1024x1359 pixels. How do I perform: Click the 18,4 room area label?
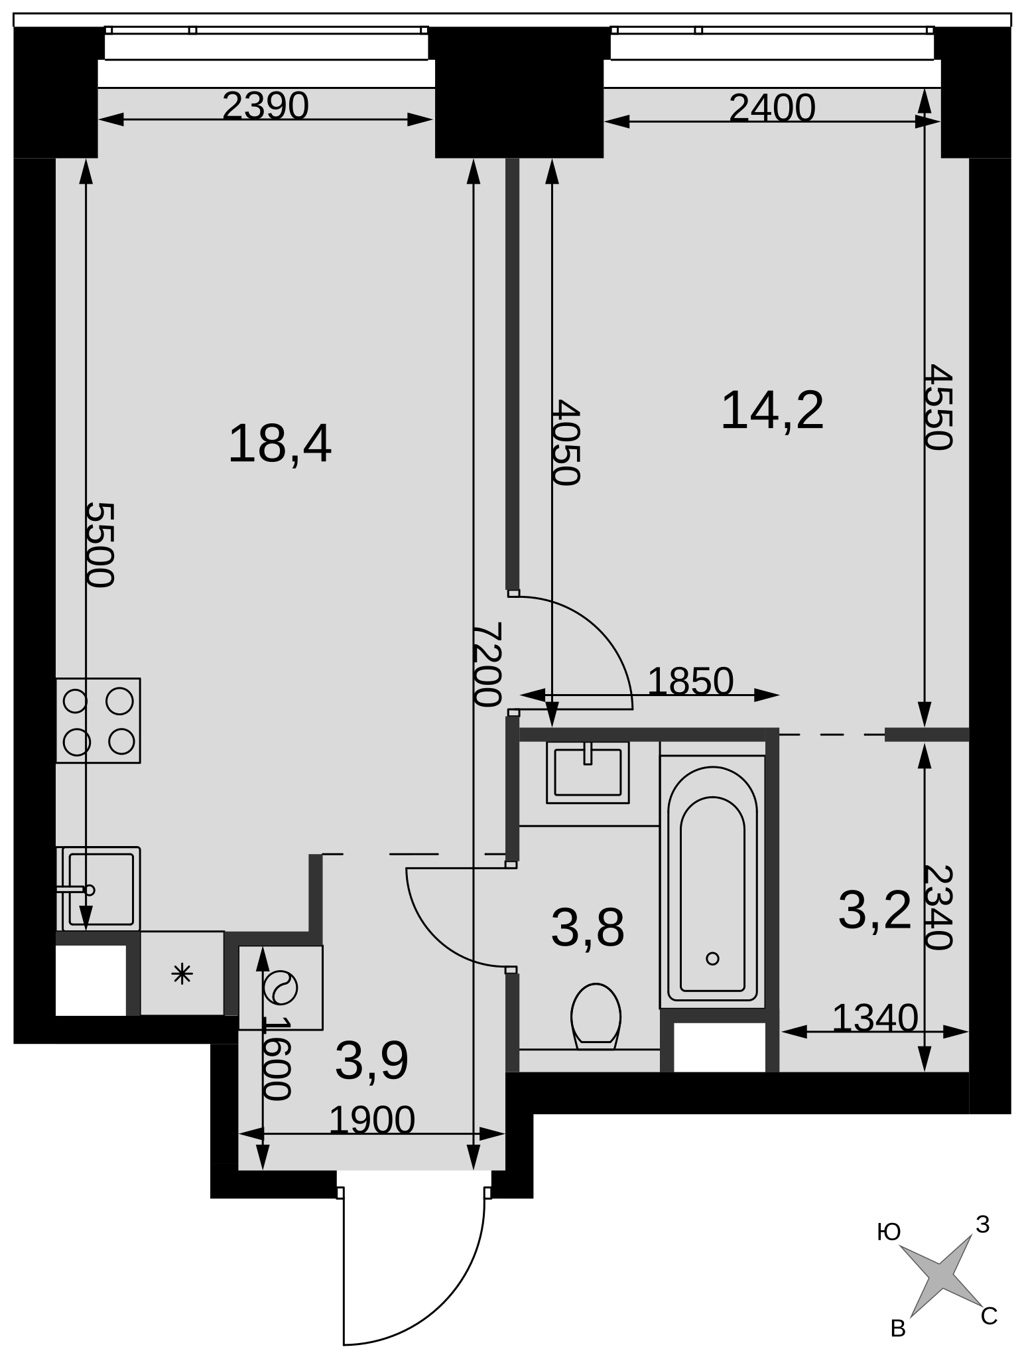(279, 445)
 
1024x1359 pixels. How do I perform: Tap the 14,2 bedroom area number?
(772, 411)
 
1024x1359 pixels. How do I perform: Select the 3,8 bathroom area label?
(588, 928)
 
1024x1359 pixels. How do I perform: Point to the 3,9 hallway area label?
(371, 1061)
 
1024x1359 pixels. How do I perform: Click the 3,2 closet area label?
(875, 910)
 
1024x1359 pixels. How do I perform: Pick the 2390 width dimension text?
(265, 106)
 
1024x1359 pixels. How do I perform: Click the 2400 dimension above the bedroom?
(772, 107)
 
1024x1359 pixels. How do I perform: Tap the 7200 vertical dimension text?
(489, 664)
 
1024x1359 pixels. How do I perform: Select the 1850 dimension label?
(690, 681)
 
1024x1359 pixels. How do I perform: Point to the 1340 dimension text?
(875, 1017)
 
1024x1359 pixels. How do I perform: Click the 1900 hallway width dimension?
(372, 1120)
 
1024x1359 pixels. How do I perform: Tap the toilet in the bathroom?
(596, 1016)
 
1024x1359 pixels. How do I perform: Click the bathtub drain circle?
(713, 958)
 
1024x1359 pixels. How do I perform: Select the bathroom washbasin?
(588, 772)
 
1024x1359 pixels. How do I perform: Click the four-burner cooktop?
(98, 721)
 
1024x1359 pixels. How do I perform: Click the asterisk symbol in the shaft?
(182, 974)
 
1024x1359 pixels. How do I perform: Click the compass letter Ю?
(889, 1232)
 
